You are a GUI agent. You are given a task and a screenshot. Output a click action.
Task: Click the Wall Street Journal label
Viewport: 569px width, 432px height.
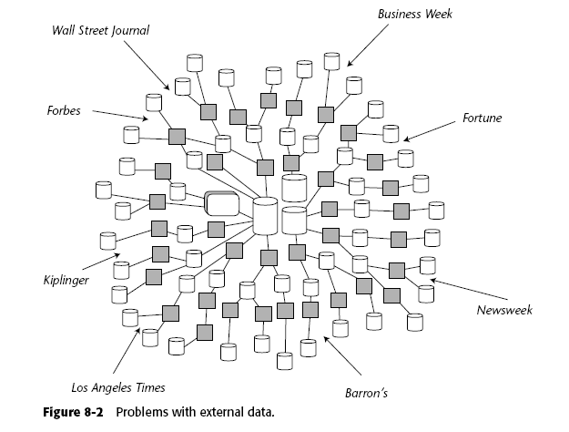(100, 30)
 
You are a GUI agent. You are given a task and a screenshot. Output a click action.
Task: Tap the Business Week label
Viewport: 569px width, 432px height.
(414, 14)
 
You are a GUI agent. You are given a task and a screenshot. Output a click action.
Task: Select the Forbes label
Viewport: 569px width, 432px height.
(65, 112)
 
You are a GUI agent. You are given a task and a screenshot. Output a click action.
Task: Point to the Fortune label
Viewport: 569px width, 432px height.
(482, 118)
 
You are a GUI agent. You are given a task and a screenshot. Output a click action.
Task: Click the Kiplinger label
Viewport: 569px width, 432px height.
(66, 280)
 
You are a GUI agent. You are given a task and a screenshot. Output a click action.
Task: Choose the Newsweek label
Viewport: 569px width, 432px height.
(504, 310)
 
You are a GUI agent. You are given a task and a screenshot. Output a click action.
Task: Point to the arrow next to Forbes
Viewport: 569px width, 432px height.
(119, 114)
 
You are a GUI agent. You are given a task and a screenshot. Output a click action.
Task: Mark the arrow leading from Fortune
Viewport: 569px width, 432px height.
(429, 129)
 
